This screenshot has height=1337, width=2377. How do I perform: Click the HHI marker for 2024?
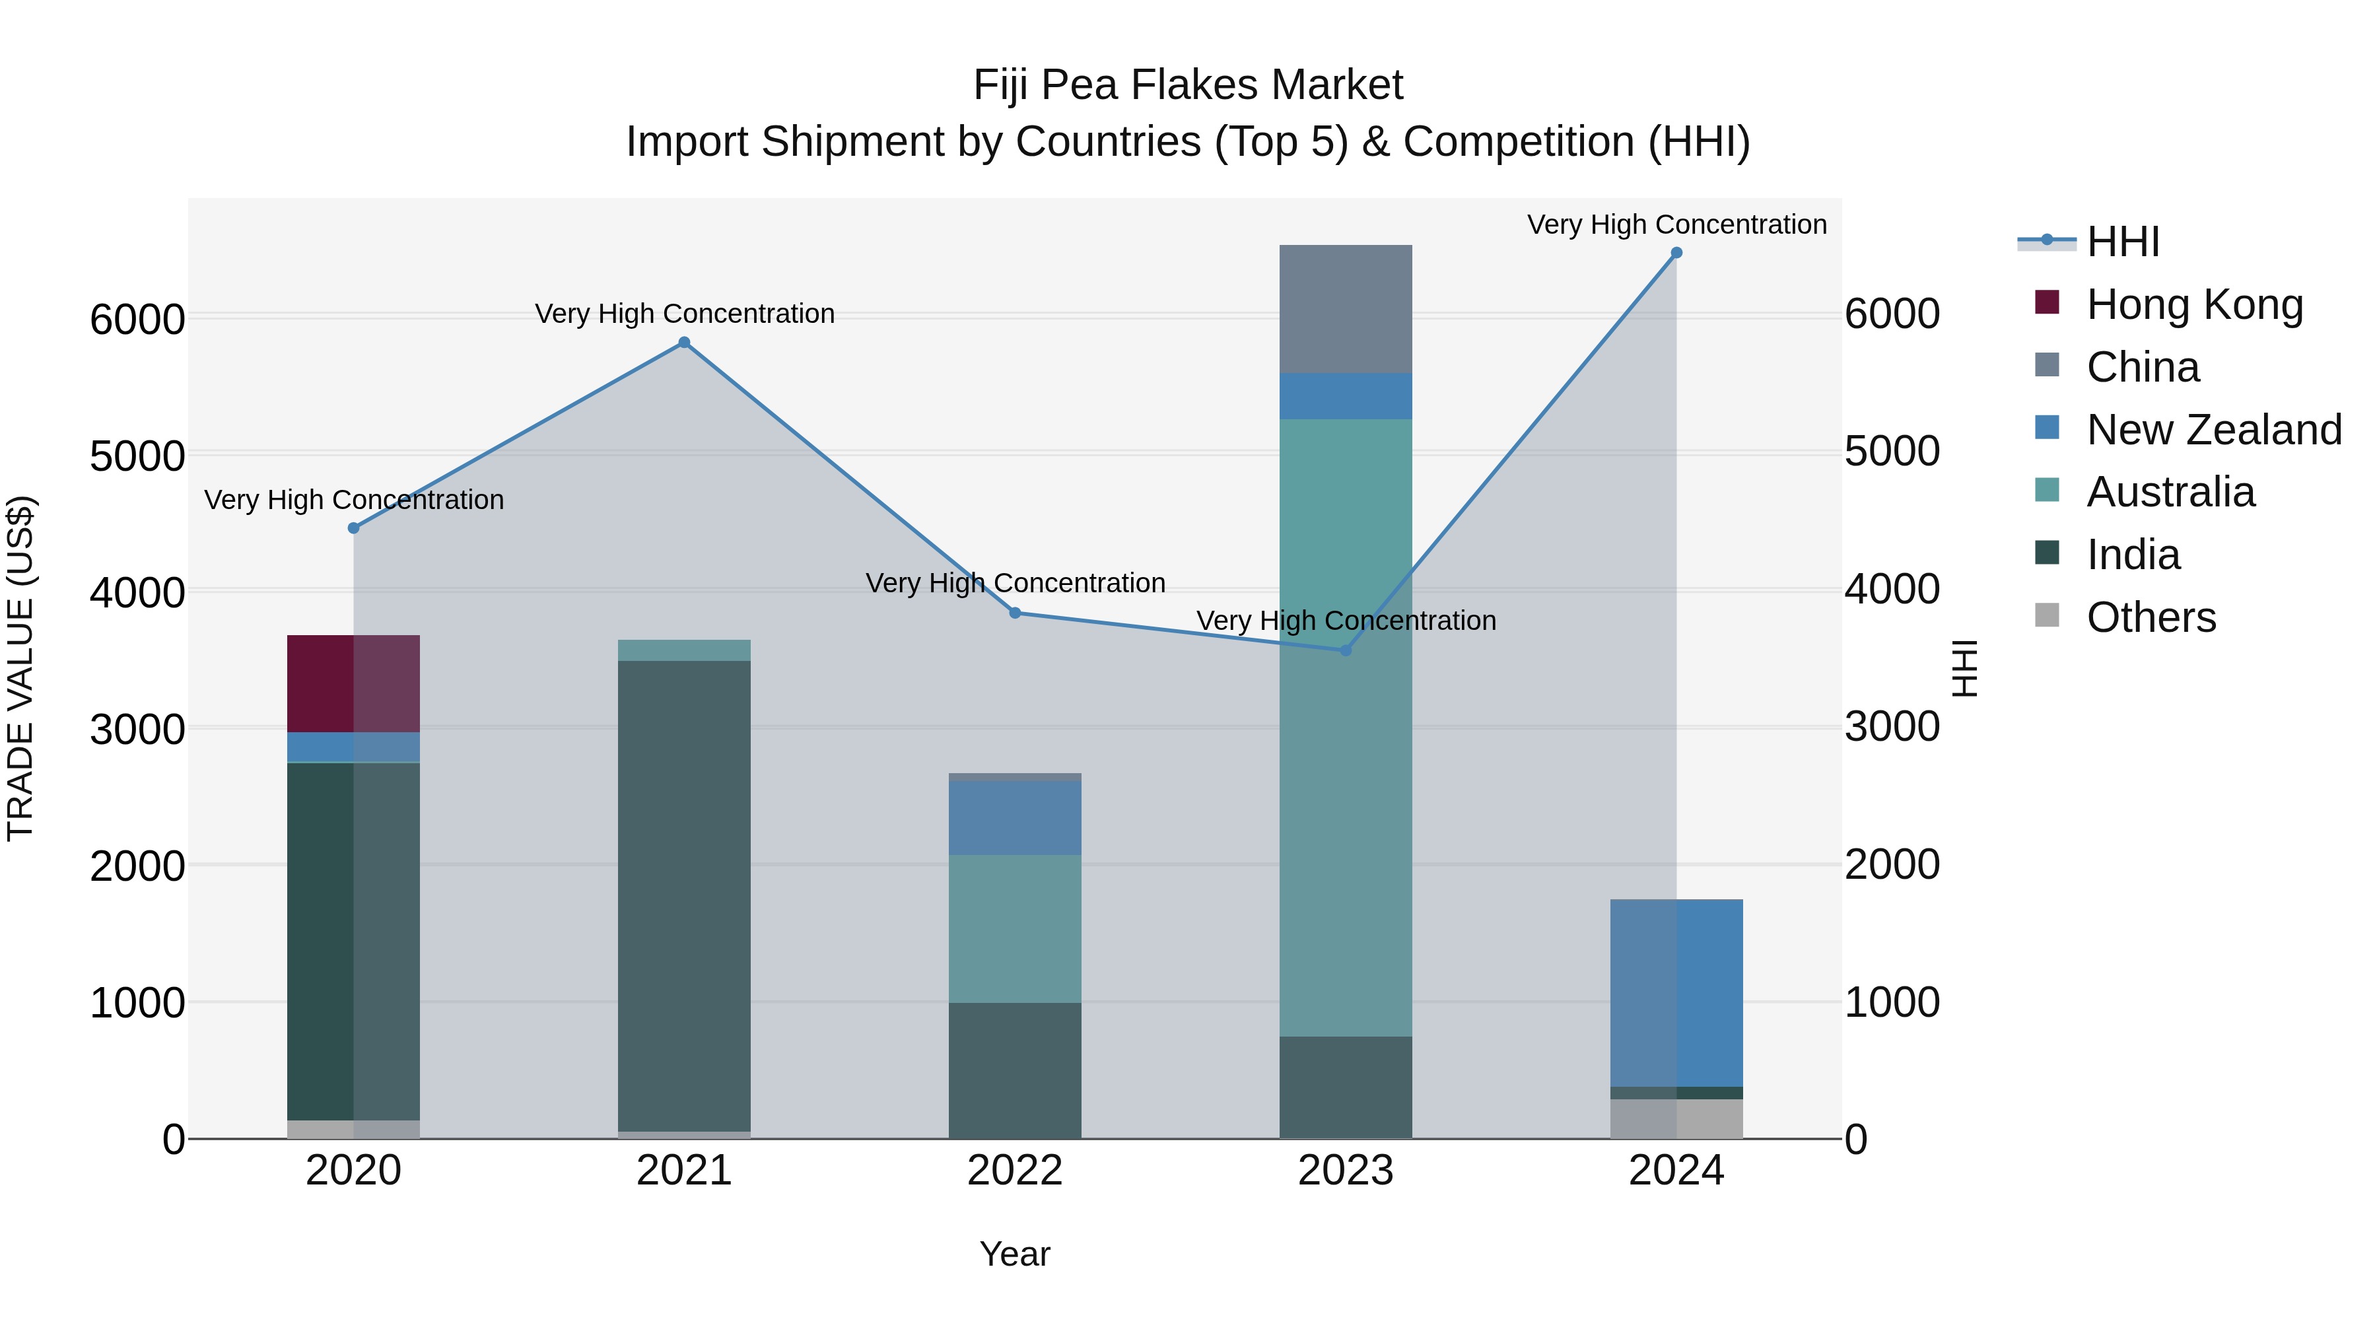[x=1676, y=253]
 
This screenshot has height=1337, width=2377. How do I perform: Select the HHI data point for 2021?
[x=684, y=342]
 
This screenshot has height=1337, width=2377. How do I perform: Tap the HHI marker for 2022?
[x=1015, y=613]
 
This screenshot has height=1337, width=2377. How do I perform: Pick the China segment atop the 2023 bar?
[x=1346, y=309]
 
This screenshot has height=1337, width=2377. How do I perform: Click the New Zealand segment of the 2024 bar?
[x=1676, y=993]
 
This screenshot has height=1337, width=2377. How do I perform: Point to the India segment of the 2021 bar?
[x=684, y=895]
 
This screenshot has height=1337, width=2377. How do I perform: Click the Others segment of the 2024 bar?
[x=1676, y=1118]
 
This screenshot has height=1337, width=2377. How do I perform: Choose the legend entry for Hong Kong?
[x=2194, y=304]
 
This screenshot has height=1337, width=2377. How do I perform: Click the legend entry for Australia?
[x=2170, y=492]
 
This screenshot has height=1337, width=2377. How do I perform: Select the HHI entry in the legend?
[x=2122, y=242]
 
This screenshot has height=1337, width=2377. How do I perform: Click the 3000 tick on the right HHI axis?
[x=1892, y=727]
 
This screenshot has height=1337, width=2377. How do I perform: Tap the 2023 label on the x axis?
[x=1346, y=1171]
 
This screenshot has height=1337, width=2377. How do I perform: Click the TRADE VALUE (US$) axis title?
[x=20, y=668]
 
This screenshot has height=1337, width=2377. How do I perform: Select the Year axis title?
[x=1014, y=1254]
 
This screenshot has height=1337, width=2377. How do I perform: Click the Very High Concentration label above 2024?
[x=1676, y=224]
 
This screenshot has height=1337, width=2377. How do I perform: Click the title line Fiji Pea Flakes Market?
[x=1188, y=85]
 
